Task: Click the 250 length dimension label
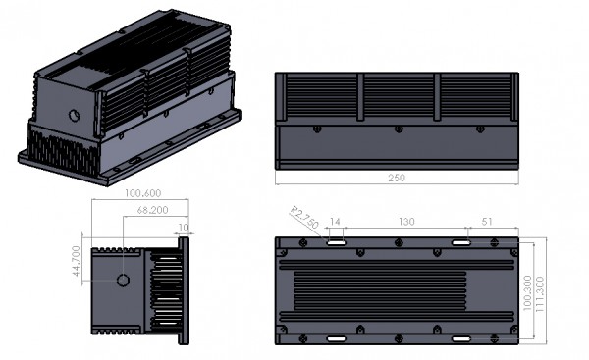pyautogui.click(x=397, y=178)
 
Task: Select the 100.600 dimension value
pyautogui.click(x=142, y=193)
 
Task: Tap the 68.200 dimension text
pyautogui.click(x=152, y=210)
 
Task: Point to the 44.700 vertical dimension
pyautogui.click(x=77, y=261)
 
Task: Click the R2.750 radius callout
pyautogui.click(x=304, y=218)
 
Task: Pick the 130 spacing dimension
pyautogui.click(x=406, y=222)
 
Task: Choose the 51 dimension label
pyautogui.click(x=487, y=222)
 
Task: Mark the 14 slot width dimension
pyautogui.click(x=335, y=222)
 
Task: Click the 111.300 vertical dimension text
pyautogui.click(x=539, y=294)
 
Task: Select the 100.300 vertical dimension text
pyautogui.click(x=527, y=292)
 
